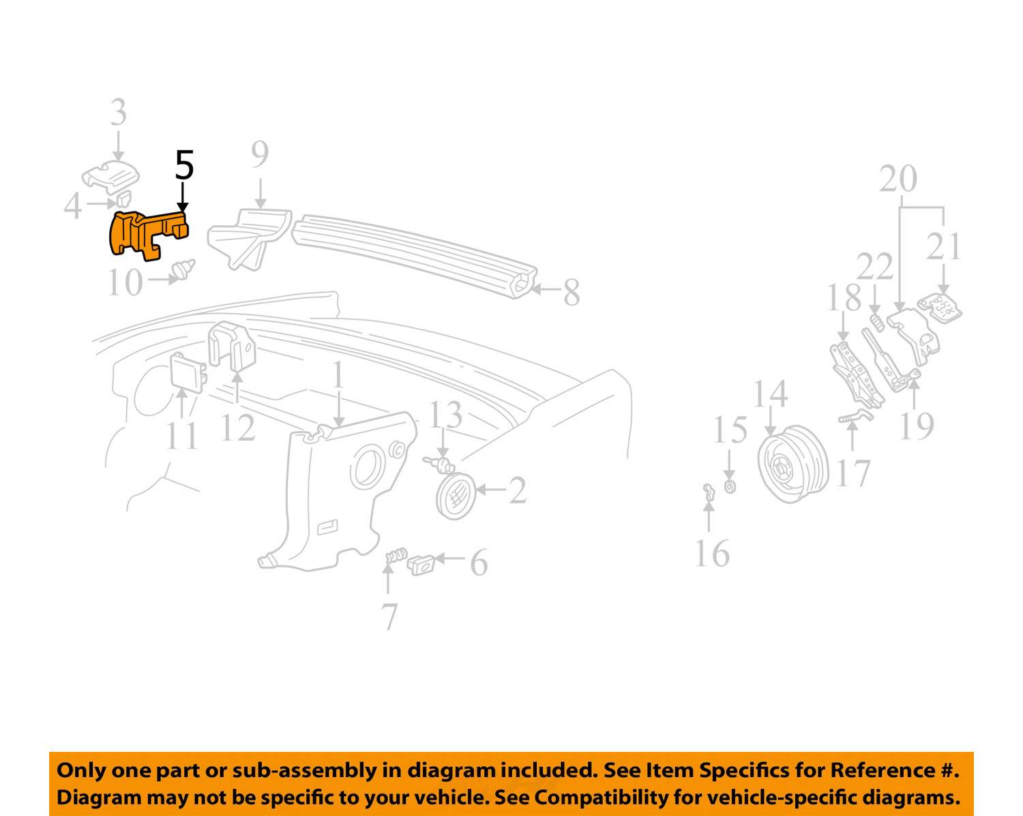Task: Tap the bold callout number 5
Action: point(184,165)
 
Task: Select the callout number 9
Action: point(260,154)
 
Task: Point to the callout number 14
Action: point(771,394)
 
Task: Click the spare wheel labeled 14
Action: point(793,464)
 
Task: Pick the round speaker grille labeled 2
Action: point(455,497)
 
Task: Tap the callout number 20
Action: point(898,179)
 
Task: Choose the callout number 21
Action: point(944,246)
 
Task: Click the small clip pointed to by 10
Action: point(184,270)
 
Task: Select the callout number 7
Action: point(389,616)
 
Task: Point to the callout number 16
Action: point(712,553)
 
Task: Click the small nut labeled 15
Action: point(730,486)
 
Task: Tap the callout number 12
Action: point(238,428)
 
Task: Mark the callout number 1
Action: point(338,375)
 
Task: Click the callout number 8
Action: point(572,293)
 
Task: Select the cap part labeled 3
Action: point(111,176)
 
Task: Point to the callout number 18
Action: point(844,297)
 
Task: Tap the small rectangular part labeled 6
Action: point(421,565)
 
